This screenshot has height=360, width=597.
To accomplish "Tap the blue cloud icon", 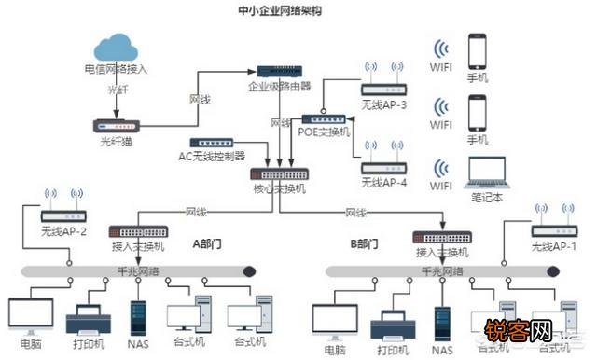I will [116, 48].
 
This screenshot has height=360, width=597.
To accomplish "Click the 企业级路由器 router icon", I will [279, 72].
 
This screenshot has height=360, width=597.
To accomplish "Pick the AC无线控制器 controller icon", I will [211, 143].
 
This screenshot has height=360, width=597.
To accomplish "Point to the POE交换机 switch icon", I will [324, 119].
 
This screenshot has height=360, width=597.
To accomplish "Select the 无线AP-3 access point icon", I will [384, 90].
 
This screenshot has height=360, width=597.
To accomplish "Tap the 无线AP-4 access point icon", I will [384, 168].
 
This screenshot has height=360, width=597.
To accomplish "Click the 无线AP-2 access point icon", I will [63, 215].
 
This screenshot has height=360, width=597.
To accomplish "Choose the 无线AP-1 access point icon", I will [554, 230].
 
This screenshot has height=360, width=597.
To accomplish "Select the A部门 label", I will [208, 244].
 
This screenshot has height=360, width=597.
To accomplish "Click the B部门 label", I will [364, 244].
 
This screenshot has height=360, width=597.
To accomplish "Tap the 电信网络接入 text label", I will [116, 69].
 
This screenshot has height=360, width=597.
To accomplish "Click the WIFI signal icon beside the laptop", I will [441, 169].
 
